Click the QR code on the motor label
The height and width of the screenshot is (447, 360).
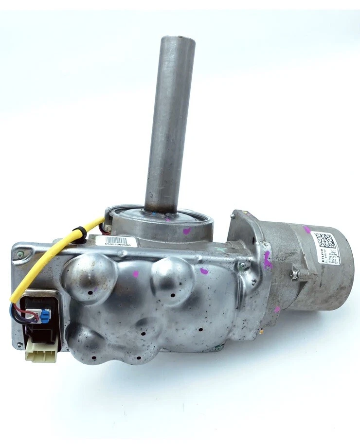point(324,241)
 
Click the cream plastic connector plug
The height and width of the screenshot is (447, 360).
point(41,354)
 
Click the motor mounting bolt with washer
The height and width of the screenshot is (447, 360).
point(295,275)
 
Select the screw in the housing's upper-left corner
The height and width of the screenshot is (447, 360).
point(19,254)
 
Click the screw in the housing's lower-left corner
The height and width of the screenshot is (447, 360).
point(19,345)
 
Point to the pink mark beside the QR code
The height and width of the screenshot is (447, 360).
point(307,229)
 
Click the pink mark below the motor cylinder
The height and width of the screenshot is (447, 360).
point(277,309)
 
